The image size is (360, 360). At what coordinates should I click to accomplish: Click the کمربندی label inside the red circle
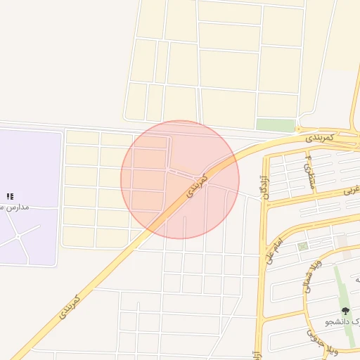(x=198, y=185)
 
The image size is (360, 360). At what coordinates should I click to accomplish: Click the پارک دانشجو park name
(x=344, y=321)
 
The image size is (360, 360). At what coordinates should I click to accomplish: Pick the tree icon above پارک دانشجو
(x=345, y=310)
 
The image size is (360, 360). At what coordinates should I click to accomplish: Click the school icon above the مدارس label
(x=10, y=196)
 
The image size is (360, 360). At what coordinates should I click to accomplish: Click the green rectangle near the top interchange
(x=275, y=124)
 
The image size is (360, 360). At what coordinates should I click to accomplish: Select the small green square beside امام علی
(x=302, y=247)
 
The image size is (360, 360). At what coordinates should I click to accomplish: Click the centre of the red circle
(x=180, y=180)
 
